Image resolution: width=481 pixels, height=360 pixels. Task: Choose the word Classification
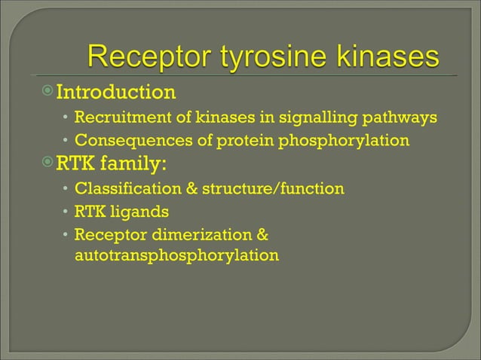tap(124, 188)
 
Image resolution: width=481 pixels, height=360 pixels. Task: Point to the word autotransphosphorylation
tap(176, 256)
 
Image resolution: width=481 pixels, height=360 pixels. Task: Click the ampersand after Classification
tap(188, 188)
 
